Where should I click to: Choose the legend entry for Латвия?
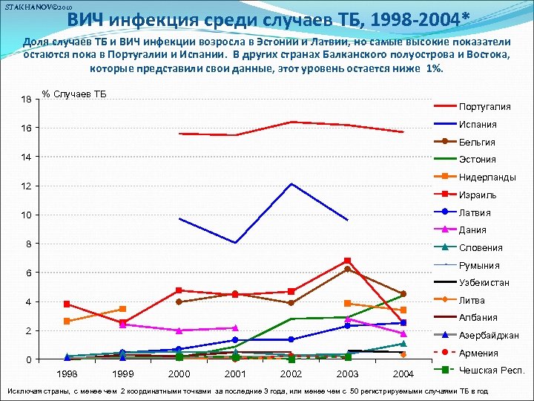[475, 212]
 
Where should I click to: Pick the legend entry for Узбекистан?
[484, 283]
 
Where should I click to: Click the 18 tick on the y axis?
[26, 100]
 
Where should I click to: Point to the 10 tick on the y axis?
[26, 215]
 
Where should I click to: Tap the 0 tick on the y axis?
[28, 360]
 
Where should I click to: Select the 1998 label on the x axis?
[67, 373]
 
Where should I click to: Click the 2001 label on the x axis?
[235, 373]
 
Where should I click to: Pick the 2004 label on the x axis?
[403, 373]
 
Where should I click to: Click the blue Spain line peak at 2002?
[291, 183]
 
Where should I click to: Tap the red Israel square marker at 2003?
[347, 261]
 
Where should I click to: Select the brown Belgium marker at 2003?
[347, 269]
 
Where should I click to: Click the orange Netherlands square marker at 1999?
[123, 309]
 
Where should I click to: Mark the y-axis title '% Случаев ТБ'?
[74, 94]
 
